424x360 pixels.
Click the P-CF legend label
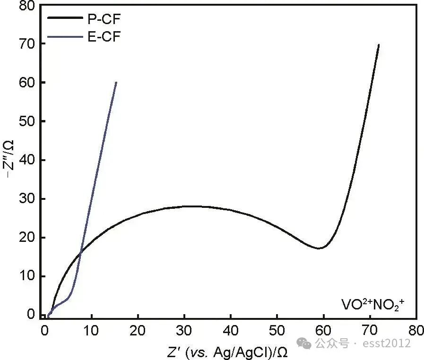tap(103, 19)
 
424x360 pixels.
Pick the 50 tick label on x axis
tap(277, 329)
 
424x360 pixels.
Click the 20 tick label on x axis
tap(138, 329)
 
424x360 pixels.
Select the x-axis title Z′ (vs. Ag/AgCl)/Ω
tap(227, 351)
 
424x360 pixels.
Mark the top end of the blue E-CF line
tap(116, 82)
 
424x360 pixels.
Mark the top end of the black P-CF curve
tap(379, 44)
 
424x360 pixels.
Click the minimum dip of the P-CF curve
tap(320, 248)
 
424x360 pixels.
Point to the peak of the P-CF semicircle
tap(189, 206)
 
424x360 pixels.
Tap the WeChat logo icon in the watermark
tap(307, 343)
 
